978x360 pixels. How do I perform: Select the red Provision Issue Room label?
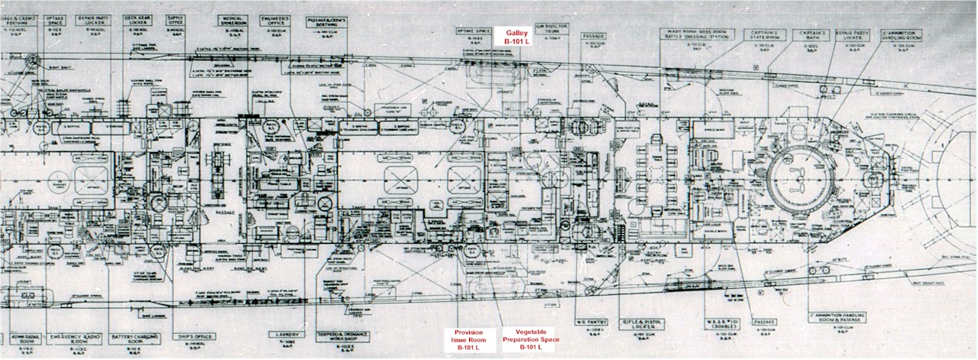click(x=468, y=340)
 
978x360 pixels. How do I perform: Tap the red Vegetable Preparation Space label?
click(x=530, y=340)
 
